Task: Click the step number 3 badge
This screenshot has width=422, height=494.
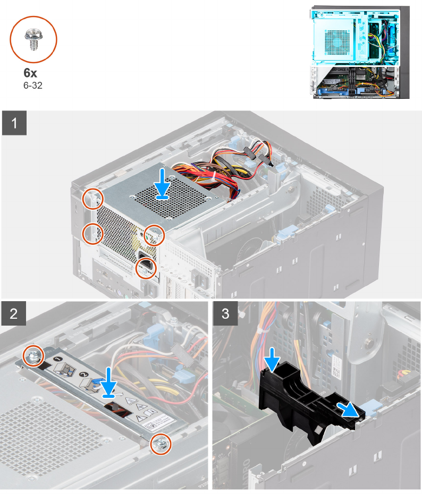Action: [x=226, y=314]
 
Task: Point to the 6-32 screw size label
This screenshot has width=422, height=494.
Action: [x=32, y=85]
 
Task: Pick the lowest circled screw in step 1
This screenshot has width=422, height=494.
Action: [x=144, y=269]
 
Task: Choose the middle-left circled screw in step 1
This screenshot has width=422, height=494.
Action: [x=92, y=232]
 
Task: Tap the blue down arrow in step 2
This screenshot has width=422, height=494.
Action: [x=108, y=380]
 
